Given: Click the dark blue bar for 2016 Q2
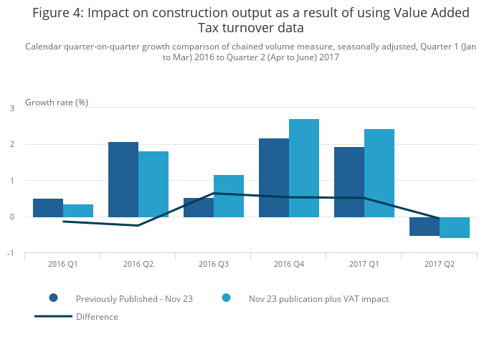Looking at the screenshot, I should point(123,179).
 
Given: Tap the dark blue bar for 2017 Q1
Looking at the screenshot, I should point(349,182).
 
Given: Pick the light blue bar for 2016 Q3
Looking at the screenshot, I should point(229,196).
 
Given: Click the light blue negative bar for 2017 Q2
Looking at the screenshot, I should point(455,227).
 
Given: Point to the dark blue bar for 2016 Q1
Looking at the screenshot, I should point(48,208).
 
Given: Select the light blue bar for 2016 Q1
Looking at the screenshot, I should point(78,211).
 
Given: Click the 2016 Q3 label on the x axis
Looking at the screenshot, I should point(214,264).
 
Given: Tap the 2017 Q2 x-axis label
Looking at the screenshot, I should point(440,264).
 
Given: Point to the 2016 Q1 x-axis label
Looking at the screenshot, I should point(63,264).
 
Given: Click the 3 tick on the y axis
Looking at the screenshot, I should point(11,108).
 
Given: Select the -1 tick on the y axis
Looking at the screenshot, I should point(11,253).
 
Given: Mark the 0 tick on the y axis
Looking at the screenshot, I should point(11,217).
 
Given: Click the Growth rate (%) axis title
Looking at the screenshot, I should point(57,102).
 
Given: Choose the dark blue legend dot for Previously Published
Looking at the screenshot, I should point(53,298).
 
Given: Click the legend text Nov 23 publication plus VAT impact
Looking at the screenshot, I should point(318,299).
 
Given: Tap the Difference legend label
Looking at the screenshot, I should point(97,317).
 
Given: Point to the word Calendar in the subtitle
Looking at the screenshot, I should point(44,47).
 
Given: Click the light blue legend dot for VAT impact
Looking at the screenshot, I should point(226,298).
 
